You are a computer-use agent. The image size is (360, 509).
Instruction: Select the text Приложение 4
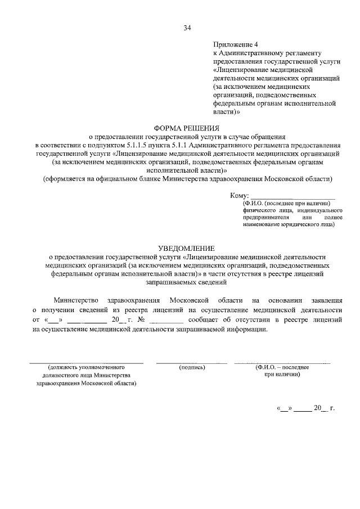[235, 44]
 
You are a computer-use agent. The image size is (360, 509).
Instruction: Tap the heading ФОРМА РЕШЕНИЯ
[180, 128]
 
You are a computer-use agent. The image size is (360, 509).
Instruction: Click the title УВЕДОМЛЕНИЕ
[180, 247]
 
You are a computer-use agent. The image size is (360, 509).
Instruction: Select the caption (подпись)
[192, 367]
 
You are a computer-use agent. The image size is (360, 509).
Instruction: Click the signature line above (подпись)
[192, 362]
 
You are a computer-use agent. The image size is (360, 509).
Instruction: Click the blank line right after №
[166, 321]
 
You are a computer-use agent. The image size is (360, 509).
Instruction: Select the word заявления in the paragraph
[323, 300]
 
